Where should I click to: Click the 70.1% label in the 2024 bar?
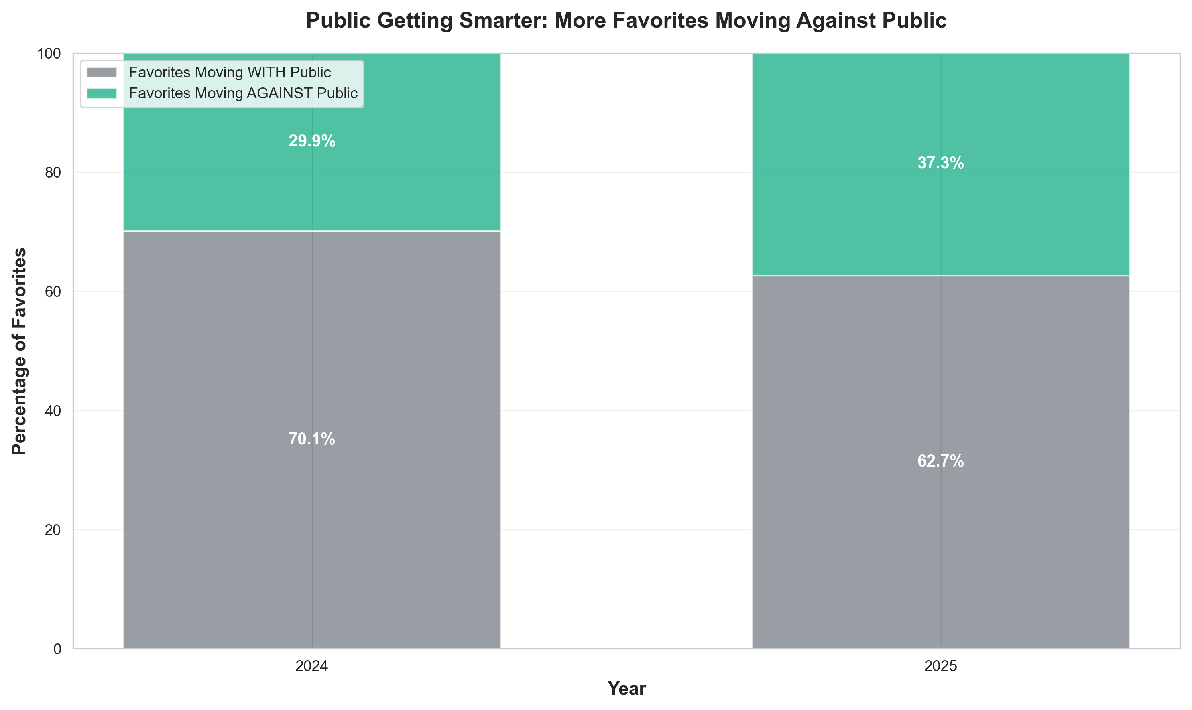coord(311,439)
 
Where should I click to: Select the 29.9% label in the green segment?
coord(311,141)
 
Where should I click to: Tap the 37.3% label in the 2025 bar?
coord(940,163)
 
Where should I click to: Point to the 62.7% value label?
coord(940,461)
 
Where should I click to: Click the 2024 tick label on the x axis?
coord(311,666)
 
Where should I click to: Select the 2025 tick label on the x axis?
coord(940,666)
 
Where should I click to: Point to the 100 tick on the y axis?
coord(49,54)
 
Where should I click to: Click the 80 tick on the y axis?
coord(53,173)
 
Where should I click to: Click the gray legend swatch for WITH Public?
coord(102,72)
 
